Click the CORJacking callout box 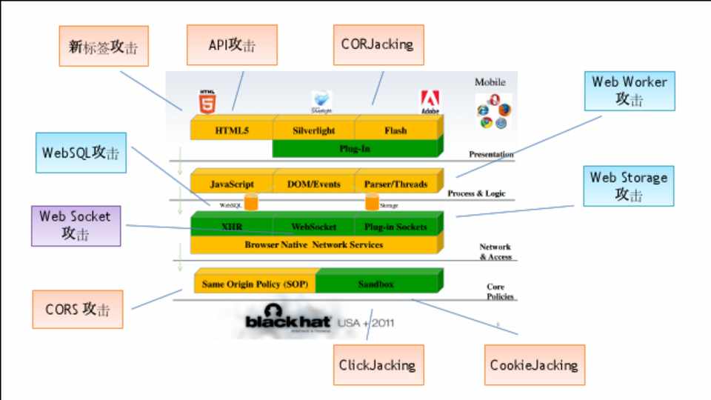click(x=377, y=44)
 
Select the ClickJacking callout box click(x=378, y=364)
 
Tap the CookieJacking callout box click(x=534, y=364)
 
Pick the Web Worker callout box click(x=629, y=90)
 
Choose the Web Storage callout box click(x=628, y=185)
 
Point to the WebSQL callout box click(x=81, y=153)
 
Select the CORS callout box click(x=77, y=309)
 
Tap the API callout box click(x=232, y=44)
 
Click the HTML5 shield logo click(x=207, y=102)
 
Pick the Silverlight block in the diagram click(x=313, y=130)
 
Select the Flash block click(x=395, y=130)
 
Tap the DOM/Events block click(x=313, y=184)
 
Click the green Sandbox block click(x=376, y=284)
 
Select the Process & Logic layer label click(x=476, y=193)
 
